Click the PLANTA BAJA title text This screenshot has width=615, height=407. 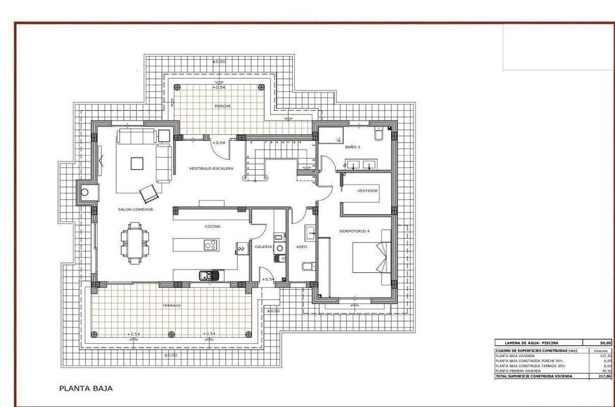tap(86, 388)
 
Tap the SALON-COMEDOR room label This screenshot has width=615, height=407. tap(135, 210)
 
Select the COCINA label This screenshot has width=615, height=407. tap(212, 227)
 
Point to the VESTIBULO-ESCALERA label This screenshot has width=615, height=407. tap(211, 168)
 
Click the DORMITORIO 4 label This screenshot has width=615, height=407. tap(354, 231)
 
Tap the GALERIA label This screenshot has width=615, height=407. tap(263, 247)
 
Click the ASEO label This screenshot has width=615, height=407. tap(302, 247)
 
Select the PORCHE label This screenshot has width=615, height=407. tap(223, 105)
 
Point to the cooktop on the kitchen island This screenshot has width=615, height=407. tap(210, 245)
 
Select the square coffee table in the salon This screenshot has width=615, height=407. tap(137, 163)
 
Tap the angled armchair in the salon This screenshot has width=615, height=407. tap(150, 192)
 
